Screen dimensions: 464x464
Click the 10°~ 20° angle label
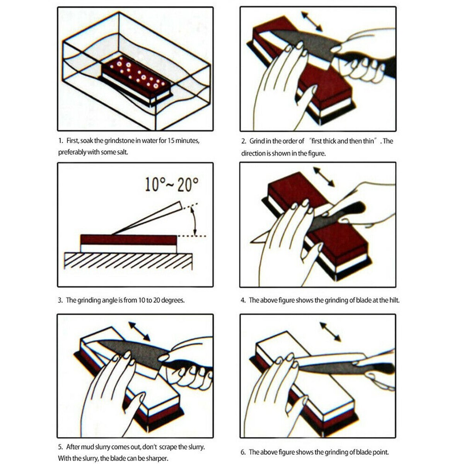tap(172, 184)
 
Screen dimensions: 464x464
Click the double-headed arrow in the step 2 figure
tap(312, 21)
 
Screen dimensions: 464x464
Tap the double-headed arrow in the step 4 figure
tap(324, 177)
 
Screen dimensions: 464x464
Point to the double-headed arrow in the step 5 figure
tap(140, 331)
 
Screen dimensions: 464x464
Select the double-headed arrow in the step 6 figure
tap(330, 332)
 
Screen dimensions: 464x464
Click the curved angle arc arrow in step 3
tap(194, 221)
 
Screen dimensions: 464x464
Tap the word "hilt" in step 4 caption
tap(394, 300)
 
